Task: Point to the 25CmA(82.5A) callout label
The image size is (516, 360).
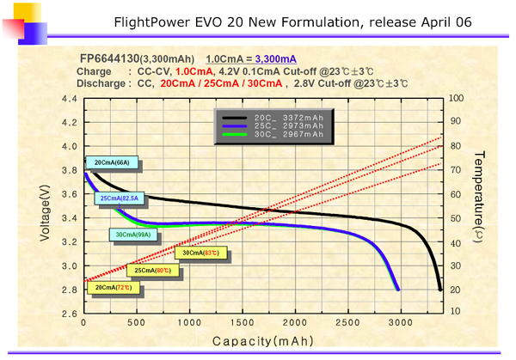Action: (120, 198)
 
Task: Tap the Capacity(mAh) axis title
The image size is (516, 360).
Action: (261, 339)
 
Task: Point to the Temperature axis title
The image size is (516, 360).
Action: (478, 198)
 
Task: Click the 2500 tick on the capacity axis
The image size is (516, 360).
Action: (347, 323)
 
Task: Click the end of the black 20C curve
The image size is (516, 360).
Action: (441, 290)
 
